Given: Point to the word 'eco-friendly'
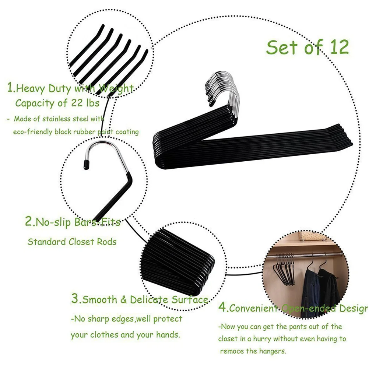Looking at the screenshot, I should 33,132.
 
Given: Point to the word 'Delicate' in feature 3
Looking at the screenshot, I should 150,299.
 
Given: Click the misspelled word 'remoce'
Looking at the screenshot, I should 233,351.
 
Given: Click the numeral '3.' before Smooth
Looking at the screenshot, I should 76,299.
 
